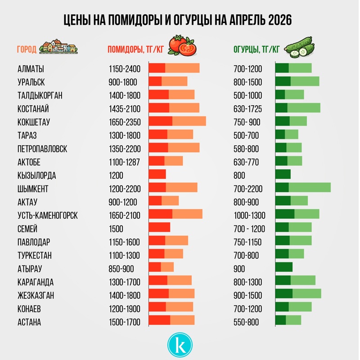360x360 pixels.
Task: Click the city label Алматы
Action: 31,69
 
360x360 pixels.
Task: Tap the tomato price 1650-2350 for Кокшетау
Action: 125,122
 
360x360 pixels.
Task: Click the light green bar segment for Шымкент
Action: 310,188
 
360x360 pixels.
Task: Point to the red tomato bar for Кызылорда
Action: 157,174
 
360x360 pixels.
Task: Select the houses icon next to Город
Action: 58,46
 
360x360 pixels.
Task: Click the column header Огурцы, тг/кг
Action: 257,49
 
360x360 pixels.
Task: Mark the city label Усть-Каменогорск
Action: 47,216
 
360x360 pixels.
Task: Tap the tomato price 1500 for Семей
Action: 116,229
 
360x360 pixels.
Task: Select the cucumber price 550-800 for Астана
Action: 246,322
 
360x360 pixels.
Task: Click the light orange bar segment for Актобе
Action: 174,161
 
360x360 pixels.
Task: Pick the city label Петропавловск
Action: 42,149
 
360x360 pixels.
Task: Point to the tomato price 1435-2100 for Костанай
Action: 125,109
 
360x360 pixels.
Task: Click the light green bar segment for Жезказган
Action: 307,294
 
